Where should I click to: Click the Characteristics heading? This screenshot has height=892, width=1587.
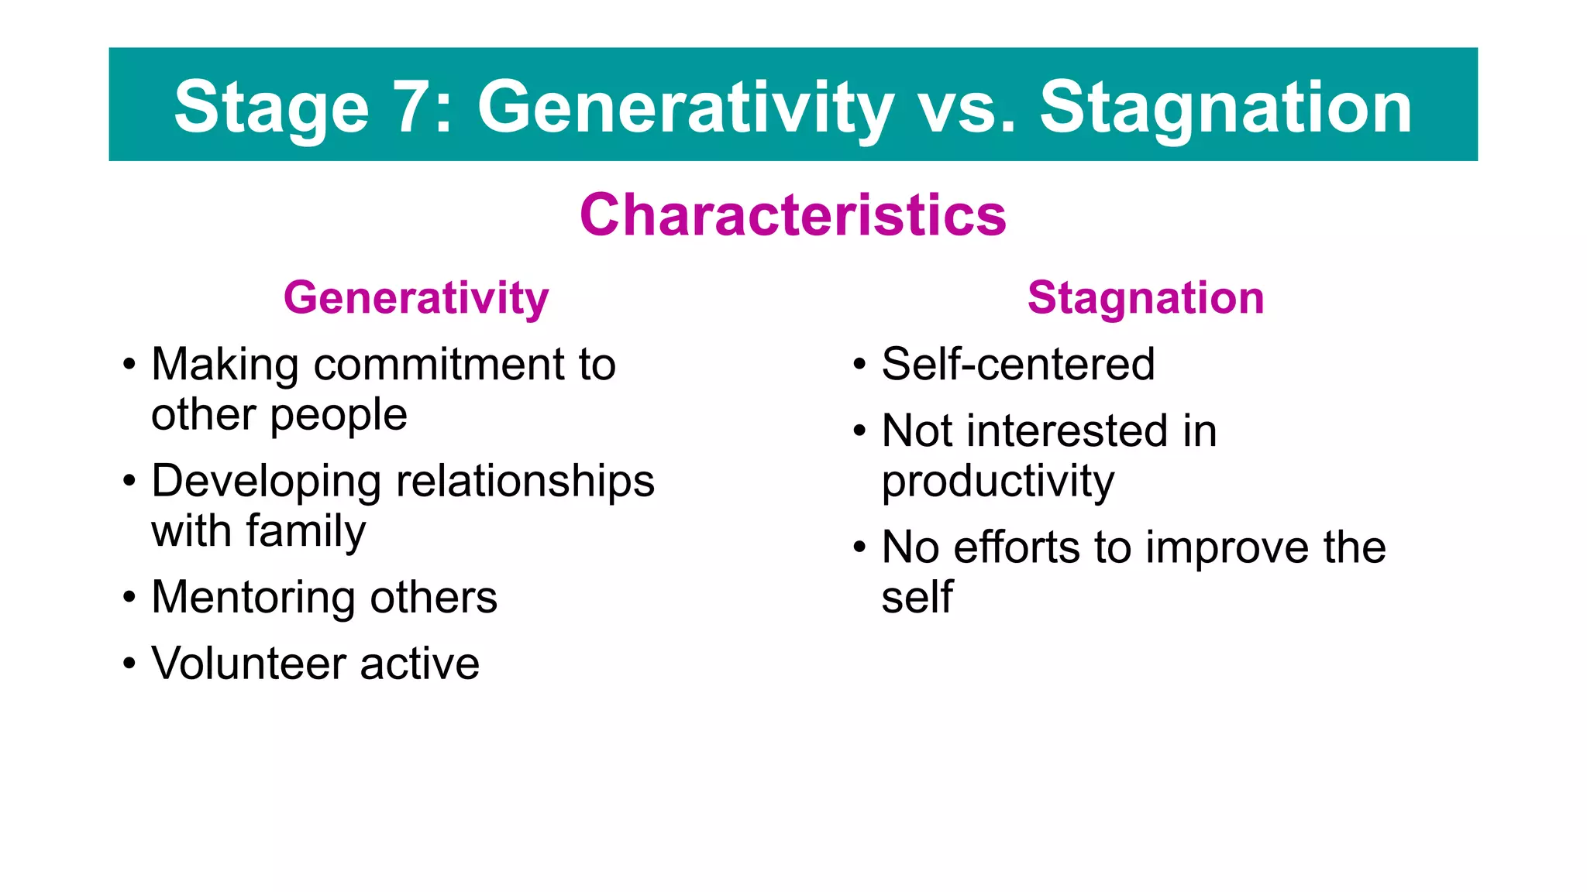(793, 214)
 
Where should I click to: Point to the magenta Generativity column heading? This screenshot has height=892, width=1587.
(416, 298)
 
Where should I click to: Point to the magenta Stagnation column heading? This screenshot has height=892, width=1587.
(1145, 298)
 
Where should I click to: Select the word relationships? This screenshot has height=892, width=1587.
(525, 481)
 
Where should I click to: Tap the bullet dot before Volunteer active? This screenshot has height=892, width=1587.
(129, 664)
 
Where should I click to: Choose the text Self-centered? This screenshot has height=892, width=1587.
(1017, 364)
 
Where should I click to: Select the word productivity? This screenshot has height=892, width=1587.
(998, 482)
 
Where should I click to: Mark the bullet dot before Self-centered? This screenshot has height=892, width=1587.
(859, 364)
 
